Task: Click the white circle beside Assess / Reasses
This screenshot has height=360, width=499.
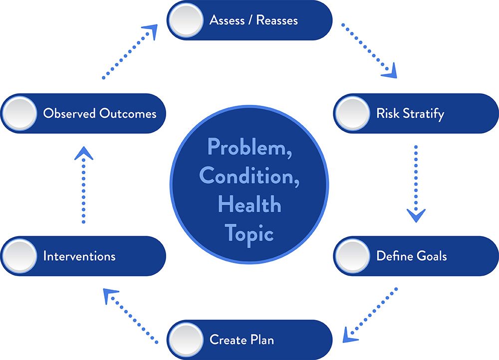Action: (186, 20)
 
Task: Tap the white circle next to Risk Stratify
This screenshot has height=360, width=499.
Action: (353, 113)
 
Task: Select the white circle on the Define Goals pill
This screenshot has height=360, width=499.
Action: (353, 256)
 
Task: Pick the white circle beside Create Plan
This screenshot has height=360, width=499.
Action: (186, 340)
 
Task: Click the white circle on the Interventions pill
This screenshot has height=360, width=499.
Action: (20, 256)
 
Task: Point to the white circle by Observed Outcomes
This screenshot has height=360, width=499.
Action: (20, 113)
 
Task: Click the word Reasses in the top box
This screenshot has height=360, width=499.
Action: (277, 20)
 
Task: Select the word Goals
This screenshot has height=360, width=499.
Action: (432, 256)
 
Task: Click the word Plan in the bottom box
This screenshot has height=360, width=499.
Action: (262, 340)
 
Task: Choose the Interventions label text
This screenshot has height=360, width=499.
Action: (79, 256)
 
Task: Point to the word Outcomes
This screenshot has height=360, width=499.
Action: (128, 113)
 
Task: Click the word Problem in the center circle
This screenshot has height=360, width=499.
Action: (249, 147)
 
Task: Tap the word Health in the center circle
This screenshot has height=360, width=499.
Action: (249, 204)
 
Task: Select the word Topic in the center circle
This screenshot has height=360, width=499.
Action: (249, 235)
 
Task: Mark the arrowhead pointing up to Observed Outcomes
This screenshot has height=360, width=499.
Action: (84, 153)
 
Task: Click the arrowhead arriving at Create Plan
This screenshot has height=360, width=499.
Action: (350, 336)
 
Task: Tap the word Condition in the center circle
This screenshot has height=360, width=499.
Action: (249, 176)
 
